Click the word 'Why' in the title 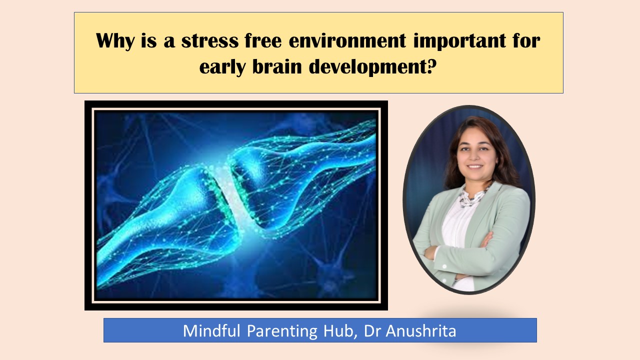115,41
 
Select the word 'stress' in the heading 209,41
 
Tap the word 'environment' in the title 347,41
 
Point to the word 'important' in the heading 459,41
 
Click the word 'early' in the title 222,67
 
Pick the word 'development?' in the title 373,67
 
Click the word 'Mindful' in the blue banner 211,330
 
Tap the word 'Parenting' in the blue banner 282,331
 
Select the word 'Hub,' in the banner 341,331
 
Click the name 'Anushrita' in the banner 421,331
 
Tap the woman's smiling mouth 475,166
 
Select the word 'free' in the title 263,41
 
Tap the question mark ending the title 432,66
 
